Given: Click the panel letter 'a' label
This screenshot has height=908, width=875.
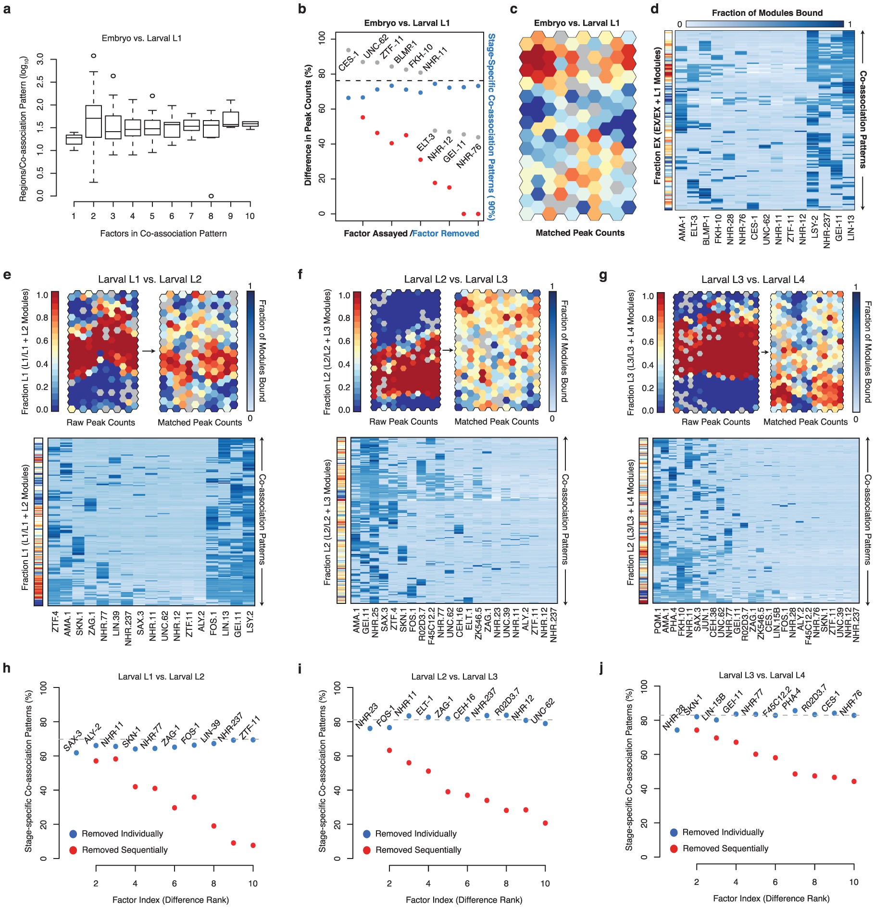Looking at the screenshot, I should coord(7,9).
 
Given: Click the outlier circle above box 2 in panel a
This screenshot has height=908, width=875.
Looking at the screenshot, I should coord(93,56).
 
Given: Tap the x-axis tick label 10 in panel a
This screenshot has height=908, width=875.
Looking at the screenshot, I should coord(250,216).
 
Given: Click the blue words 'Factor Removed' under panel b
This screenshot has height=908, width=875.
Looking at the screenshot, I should coord(446,233).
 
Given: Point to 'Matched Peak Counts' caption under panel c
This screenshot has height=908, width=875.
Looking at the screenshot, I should coord(580,233).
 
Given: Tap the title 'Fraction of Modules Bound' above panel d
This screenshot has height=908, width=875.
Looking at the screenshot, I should coord(767,13).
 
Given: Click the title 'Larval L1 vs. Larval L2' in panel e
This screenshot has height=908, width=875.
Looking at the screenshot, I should coord(150,280).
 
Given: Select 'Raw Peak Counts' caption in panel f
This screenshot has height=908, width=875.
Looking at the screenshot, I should coord(403,422).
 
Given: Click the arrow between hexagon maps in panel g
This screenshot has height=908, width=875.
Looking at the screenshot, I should coord(763,352).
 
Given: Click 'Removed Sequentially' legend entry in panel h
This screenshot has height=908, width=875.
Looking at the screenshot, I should coord(125,850).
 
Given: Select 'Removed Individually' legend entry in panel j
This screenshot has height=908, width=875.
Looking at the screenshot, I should coord(723,832).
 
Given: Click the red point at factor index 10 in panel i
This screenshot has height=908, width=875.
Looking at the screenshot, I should coord(545,823).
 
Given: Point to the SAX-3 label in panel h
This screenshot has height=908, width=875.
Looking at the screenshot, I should coord(73,740).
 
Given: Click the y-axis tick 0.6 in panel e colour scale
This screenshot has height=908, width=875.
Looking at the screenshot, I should coord(42,341).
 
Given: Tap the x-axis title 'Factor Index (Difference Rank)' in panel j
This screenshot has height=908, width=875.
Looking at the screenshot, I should coord(771,898).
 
